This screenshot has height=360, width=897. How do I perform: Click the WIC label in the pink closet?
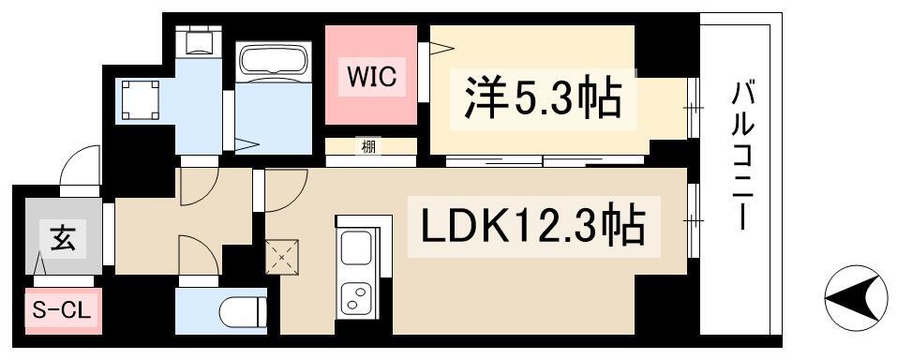tap(371, 77)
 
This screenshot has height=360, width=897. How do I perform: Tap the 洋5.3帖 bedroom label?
tap(543, 98)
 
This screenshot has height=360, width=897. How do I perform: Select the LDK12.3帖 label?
tap(533, 226)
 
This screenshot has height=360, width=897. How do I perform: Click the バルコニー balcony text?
tap(742, 156)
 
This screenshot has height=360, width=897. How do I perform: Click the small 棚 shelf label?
tap(368, 146)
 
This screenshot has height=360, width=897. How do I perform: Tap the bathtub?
tap(274, 59)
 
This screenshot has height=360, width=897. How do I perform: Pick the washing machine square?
tap(141, 99)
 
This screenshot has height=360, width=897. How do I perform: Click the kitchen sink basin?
tap(356, 247)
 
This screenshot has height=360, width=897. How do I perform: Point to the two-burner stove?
tap(356, 298)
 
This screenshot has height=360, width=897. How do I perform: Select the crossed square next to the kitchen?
tap(282, 257)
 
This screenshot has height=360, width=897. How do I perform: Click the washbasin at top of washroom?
tap(198, 42)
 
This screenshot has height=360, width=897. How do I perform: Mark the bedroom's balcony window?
tap(693, 107)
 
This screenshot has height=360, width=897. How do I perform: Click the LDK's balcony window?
tap(693, 219)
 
